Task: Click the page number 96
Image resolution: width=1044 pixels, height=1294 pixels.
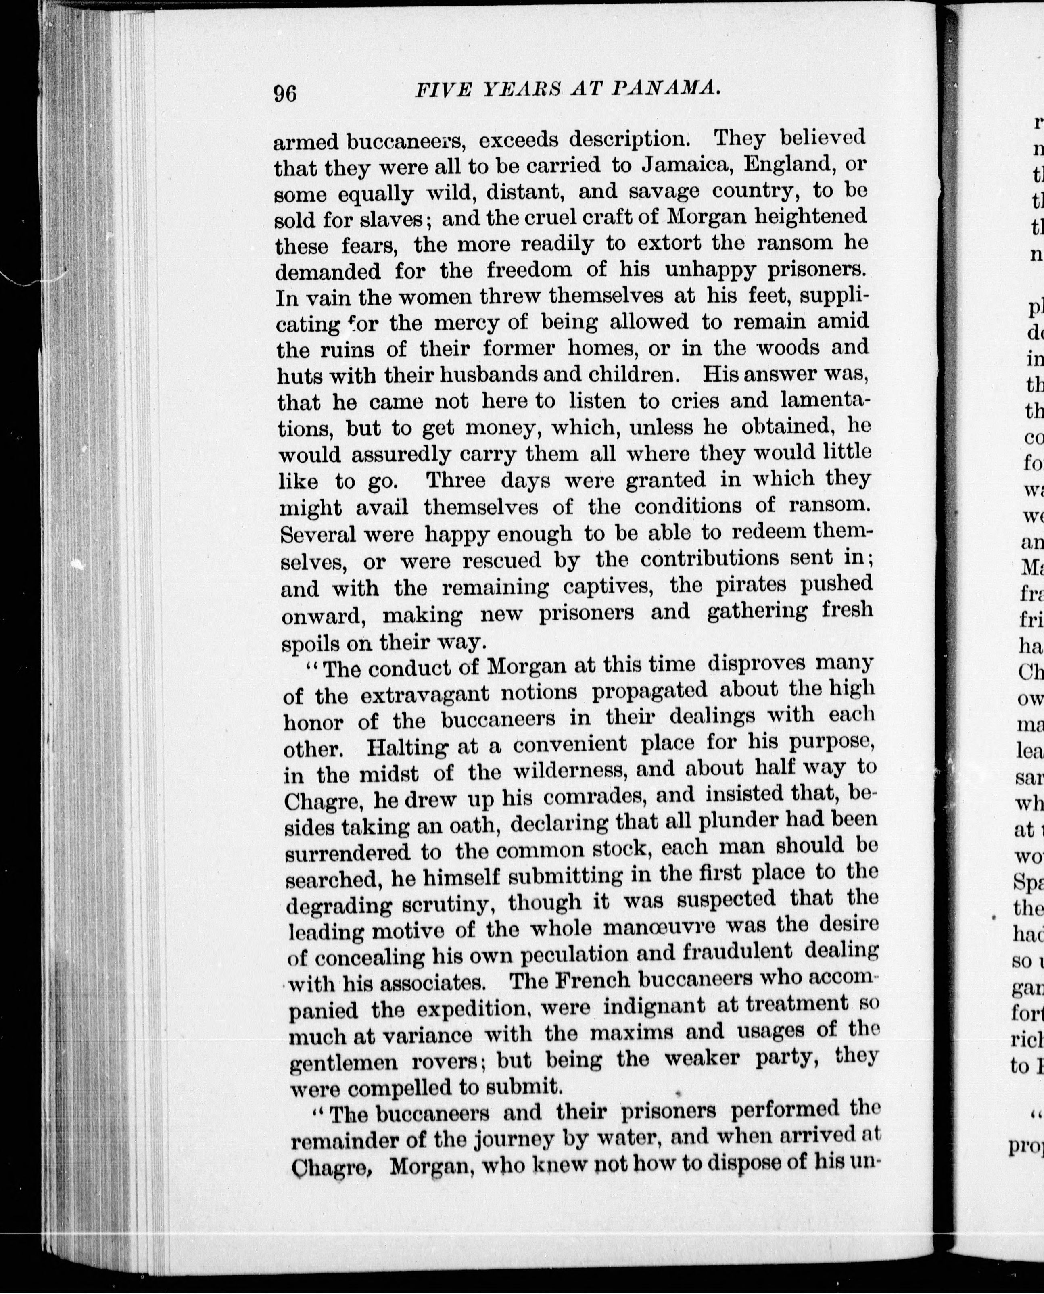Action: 285,94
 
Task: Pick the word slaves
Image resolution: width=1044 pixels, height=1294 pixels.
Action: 395,219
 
